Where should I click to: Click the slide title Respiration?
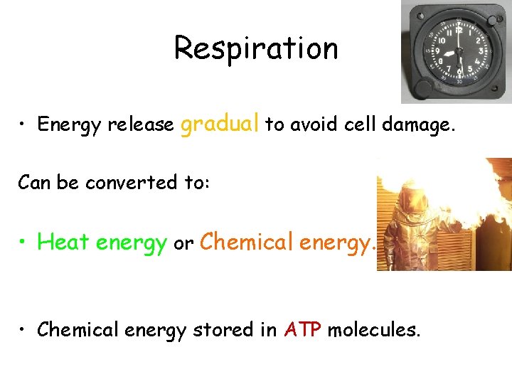point(256,48)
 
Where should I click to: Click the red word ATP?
point(303,330)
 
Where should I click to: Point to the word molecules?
point(373,330)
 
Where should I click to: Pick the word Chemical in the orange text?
point(247,242)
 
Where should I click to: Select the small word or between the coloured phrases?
point(183,244)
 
